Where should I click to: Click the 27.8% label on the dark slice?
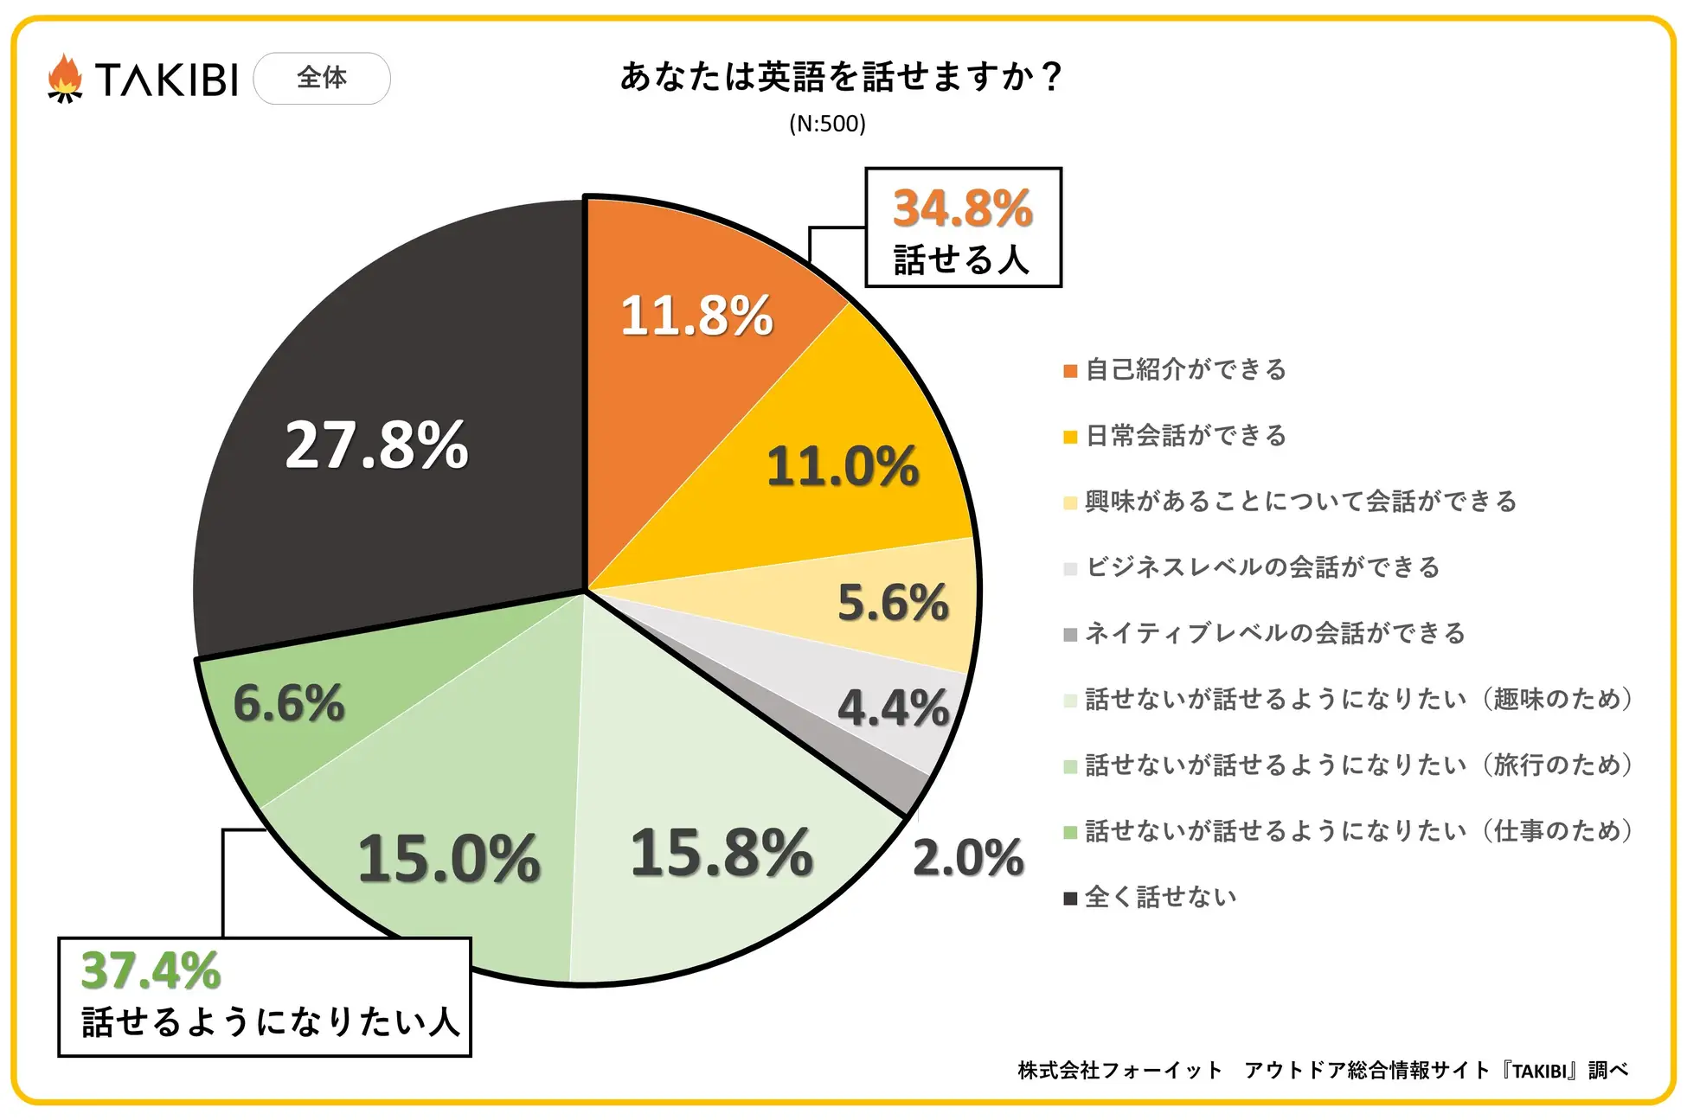coord(376,445)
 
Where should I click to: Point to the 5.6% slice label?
coord(893,602)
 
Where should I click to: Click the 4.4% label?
coord(893,708)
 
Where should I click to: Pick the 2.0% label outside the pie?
coord(968,858)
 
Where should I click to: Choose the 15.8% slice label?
coord(722,853)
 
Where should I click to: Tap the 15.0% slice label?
coord(448,859)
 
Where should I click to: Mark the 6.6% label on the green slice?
coord(289,702)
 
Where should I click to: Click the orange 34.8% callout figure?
coord(962,208)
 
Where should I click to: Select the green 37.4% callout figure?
coord(151,970)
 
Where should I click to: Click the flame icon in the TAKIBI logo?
coord(65,79)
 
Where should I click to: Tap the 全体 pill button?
coord(322,79)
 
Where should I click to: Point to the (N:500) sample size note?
coord(827,124)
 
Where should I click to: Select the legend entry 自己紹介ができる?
coord(1185,370)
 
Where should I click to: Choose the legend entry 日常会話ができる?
coord(1185,436)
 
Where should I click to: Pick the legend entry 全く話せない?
coord(1160,897)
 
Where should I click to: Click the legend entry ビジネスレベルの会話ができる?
coord(1262,567)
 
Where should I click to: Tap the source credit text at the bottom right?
coord(1323,1071)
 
